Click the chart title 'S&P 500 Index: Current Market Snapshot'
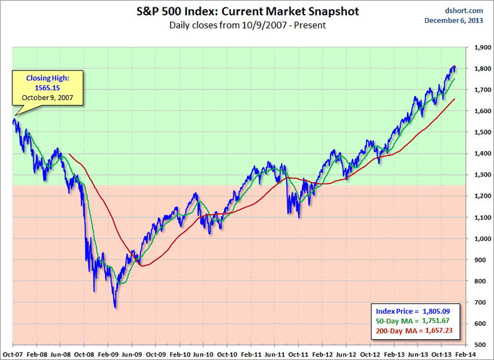click(246, 11)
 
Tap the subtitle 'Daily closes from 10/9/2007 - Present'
click(246, 25)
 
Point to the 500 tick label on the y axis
click(480, 345)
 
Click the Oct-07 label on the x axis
click(12, 353)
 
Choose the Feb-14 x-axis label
click(464, 353)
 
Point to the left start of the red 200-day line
click(69, 154)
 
